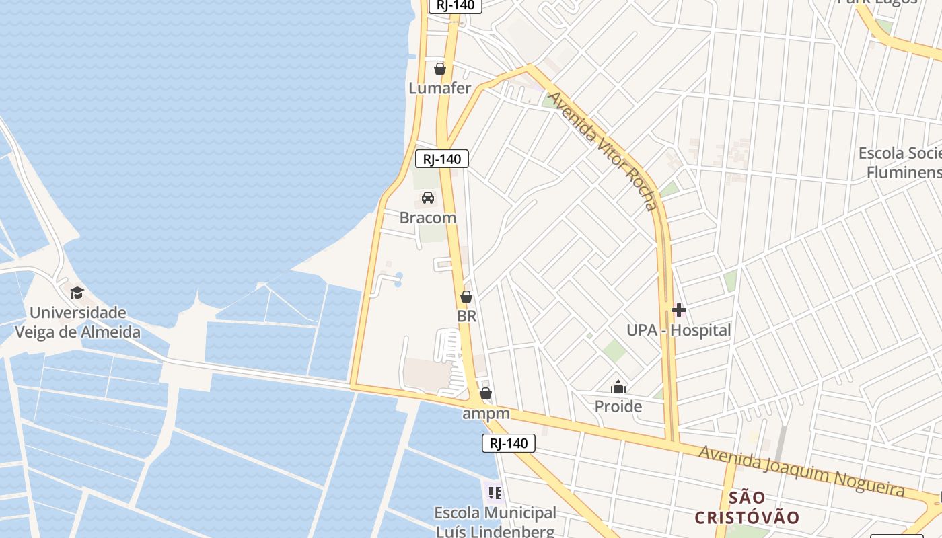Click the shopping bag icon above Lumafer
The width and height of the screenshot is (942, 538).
(440, 69)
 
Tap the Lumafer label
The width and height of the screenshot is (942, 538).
(440, 88)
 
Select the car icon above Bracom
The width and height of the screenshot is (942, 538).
(427, 198)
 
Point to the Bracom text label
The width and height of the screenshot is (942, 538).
(427, 218)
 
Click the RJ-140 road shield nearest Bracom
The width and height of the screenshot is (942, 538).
(442, 159)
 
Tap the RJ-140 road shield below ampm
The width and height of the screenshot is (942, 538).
(509, 443)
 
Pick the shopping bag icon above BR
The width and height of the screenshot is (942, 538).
(466, 297)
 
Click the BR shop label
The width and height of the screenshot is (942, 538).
(466, 316)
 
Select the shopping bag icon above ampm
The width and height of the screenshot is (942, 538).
(486, 393)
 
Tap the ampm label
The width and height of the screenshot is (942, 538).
(486, 414)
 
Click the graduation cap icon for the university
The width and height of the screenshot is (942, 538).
(77, 293)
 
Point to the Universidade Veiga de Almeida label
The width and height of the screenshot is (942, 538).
(78, 322)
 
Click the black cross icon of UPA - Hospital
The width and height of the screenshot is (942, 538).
(679, 310)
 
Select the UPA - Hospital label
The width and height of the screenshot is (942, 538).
(678, 330)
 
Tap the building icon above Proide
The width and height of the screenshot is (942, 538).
(618, 387)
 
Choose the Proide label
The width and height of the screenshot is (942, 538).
(618, 406)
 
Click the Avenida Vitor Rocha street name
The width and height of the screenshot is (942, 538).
(602, 151)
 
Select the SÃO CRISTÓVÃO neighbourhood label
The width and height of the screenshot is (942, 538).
(747, 508)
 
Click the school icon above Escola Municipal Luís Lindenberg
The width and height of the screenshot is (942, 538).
(495, 493)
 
